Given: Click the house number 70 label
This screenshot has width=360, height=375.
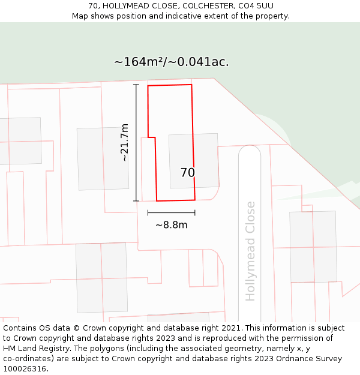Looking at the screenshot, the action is (187, 173).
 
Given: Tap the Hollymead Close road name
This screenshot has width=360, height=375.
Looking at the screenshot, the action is (250, 251).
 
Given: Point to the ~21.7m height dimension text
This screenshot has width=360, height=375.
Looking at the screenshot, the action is (125, 143).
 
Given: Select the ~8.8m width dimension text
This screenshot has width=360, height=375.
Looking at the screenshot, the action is (172, 225).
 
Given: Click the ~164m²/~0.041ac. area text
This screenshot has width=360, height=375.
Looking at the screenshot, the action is (171, 62).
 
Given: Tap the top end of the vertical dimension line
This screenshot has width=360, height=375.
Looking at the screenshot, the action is (136, 85).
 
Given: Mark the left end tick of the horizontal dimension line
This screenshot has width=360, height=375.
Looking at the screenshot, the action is (148, 212).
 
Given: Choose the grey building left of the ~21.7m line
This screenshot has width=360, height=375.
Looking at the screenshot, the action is (103, 159).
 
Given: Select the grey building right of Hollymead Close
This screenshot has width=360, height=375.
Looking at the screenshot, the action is (313, 246).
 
